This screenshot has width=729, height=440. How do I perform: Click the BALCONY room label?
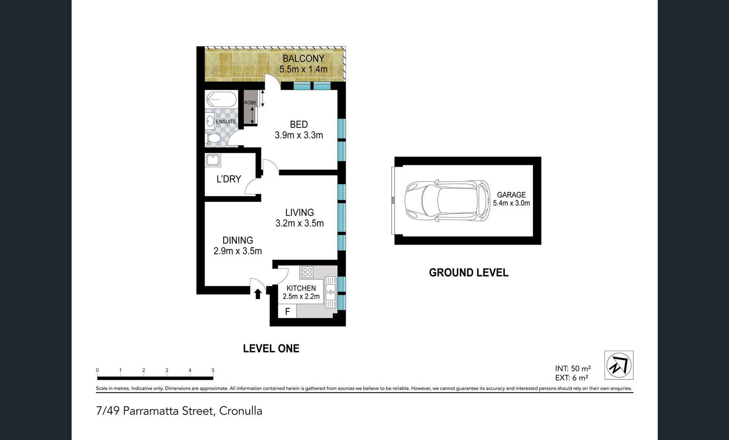303,58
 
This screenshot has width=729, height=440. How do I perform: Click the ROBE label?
250,103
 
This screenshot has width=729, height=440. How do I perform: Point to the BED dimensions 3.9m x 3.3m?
299,135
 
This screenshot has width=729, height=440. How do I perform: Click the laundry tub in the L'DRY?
213,160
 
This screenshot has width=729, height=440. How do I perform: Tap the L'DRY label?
229,179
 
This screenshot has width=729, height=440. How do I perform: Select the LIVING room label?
299,212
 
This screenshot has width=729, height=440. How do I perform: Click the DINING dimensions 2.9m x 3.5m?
238,251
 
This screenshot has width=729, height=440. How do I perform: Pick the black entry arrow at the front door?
258,294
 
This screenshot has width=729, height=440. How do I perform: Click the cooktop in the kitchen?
308,272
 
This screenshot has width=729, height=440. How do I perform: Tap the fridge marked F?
287,312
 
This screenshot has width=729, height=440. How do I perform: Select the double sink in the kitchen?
330,293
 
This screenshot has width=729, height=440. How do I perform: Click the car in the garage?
448,201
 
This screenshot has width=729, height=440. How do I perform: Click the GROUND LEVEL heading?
468,273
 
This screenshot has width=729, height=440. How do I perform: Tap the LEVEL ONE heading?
271,348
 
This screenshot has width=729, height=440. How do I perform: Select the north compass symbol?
619,365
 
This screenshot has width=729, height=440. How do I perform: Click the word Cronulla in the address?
241,411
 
